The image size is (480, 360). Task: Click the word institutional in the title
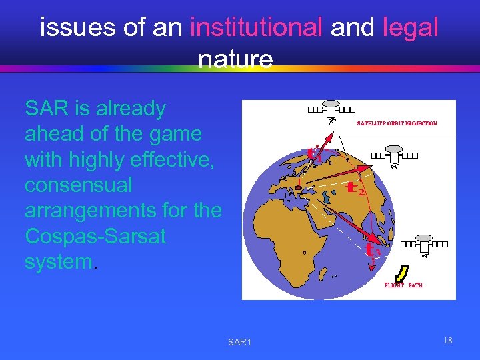[x=256, y=28]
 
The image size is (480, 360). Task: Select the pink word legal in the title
[x=411, y=28]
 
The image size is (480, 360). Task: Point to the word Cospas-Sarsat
[x=95, y=236]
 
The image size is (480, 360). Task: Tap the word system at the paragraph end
[x=59, y=261]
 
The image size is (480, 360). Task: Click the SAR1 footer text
[x=239, y=342]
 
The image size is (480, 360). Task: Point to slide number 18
[x=447, y=341]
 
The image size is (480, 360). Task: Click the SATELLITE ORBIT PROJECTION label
[x=397, y=123]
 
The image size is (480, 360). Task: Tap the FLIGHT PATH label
[x=403, y=285]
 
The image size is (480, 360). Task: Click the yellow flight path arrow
[x=401, y=273]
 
